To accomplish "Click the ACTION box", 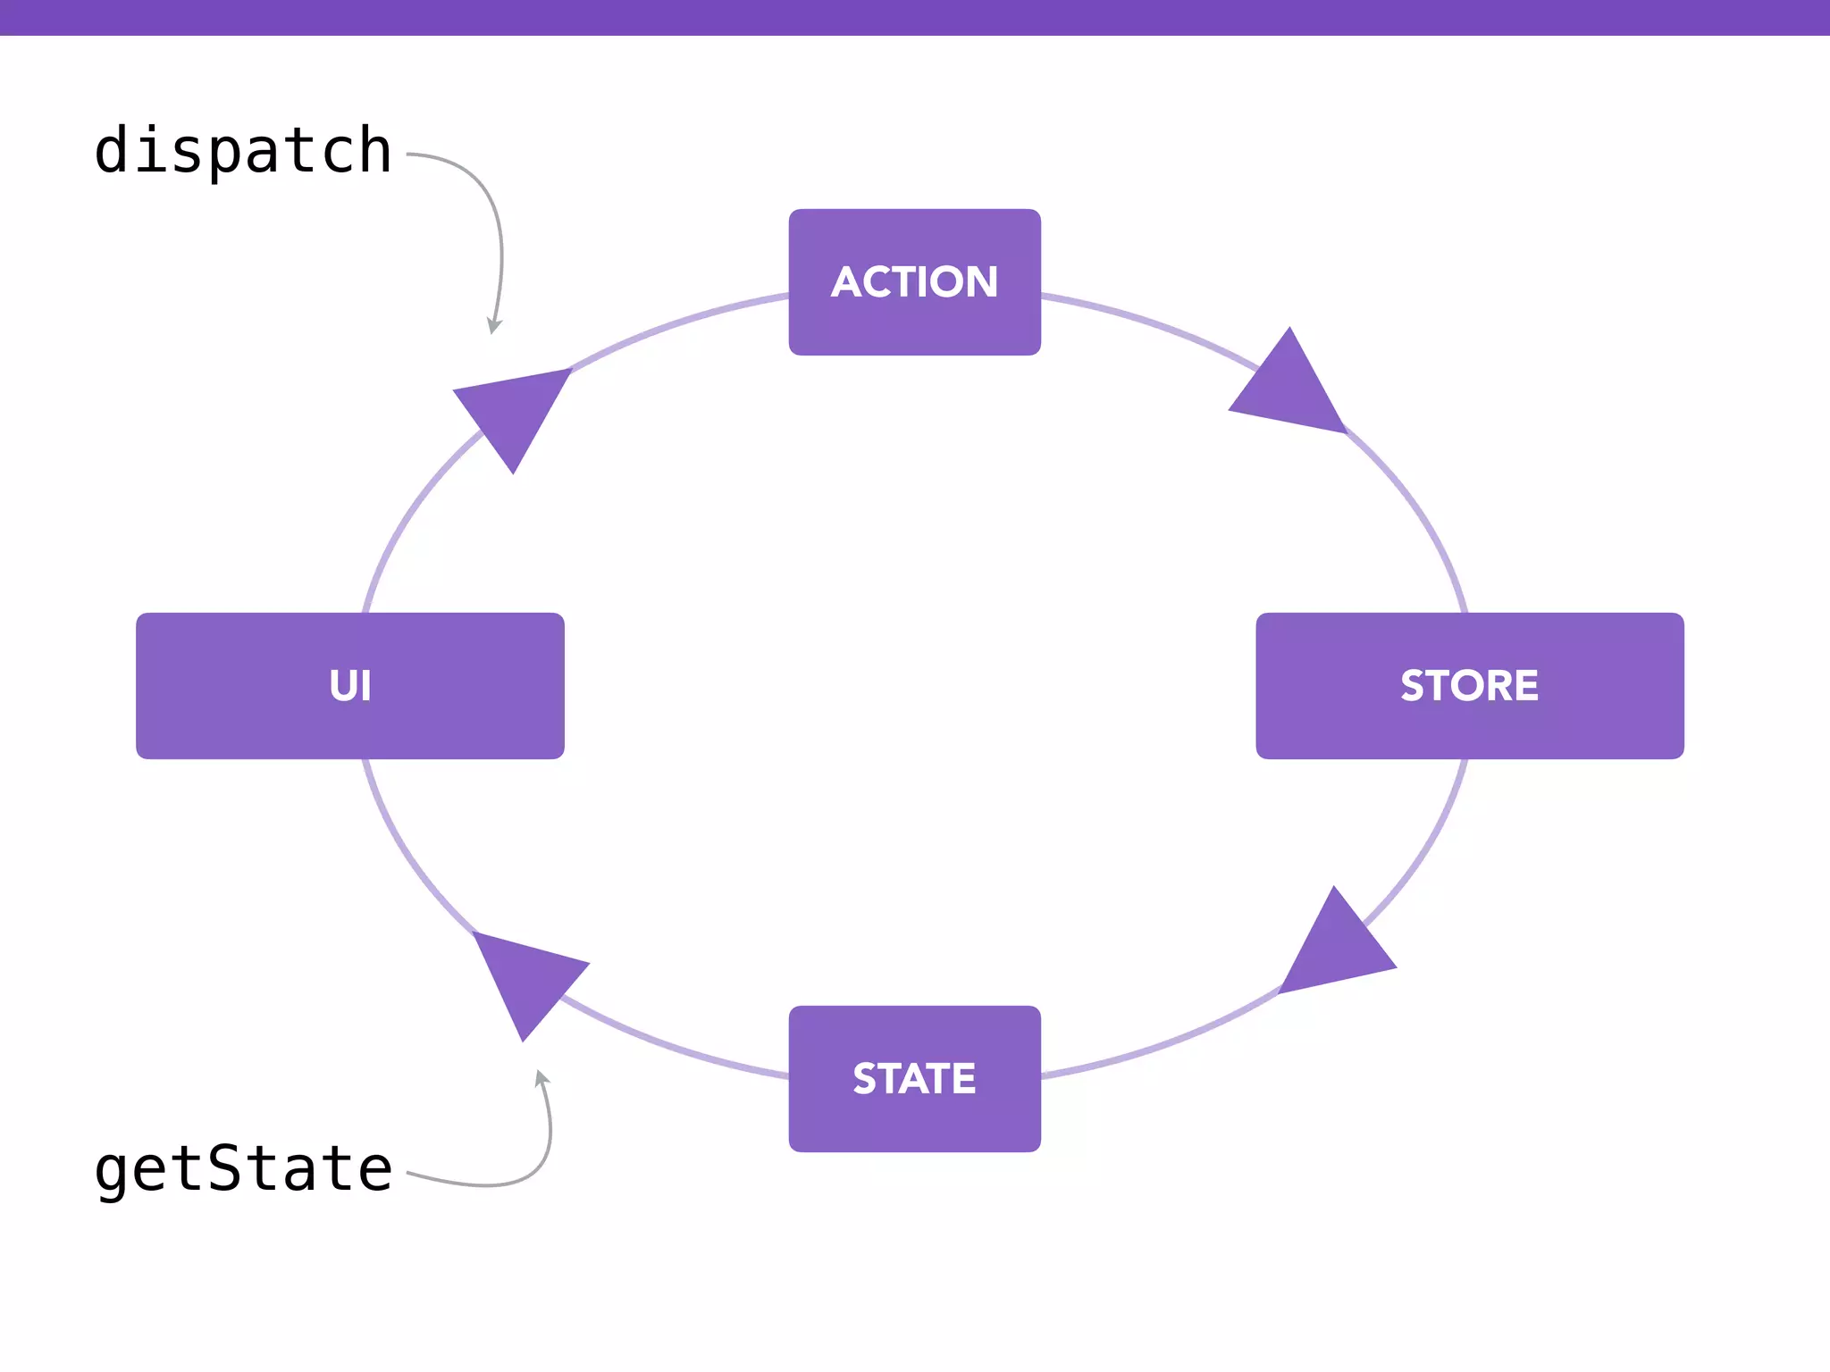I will click(x=914, y=282).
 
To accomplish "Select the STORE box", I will click(x=1469, y=686).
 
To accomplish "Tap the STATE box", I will click(x=914, y=1079).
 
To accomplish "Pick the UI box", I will click(x=349, y=686).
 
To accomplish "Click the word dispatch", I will click(x=242, y=150).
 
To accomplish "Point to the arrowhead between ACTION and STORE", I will click(x=1291, y=389).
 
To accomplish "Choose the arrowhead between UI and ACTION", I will click(x=515, y=412).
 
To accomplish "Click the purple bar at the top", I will click(x=914, y=17).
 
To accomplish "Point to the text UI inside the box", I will click(x=349, y=686).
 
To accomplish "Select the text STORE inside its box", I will click(x=1469, y=686).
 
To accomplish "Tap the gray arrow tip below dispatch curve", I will click(x=492, y=328).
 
